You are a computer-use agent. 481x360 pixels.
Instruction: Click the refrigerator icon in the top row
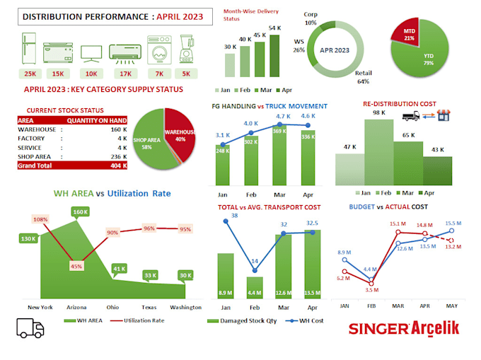31,50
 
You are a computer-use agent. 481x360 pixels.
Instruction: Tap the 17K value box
125,74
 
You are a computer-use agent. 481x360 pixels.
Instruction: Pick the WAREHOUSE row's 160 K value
118,129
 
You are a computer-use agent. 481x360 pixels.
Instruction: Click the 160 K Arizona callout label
80,211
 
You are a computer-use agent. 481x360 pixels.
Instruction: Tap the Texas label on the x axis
148,307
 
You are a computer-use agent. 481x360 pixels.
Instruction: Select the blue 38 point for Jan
226,222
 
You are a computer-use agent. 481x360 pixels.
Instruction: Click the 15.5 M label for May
453,223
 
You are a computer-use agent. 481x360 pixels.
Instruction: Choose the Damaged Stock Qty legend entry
241,321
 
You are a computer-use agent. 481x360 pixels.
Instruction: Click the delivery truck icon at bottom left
30,328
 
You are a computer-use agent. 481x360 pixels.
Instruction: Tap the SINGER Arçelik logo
402,329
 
